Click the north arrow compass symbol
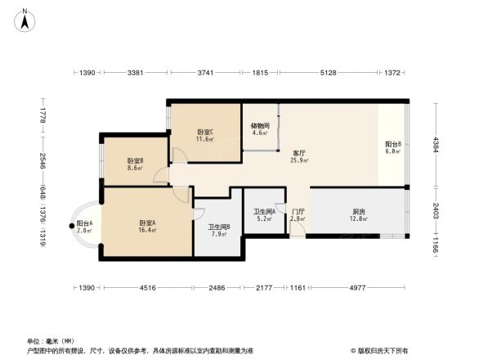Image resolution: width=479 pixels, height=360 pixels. tap(26, 19)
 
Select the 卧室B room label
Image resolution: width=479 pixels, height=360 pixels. tap(135, 161)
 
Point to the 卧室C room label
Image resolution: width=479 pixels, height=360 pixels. tap(205, 133)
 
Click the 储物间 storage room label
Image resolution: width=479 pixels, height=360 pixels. tap(259, 126)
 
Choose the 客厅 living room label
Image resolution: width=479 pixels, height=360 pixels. tap(298, 152)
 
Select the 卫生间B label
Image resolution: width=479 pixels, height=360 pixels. tap(218, 227)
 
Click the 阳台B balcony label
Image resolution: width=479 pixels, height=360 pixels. tap(392, 145)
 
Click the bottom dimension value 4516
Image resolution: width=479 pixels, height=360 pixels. tap(146, 288)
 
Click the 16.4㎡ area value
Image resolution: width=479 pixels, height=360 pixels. tap(147, 231)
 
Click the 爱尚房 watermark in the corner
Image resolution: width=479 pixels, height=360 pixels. tap(381, 349)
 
